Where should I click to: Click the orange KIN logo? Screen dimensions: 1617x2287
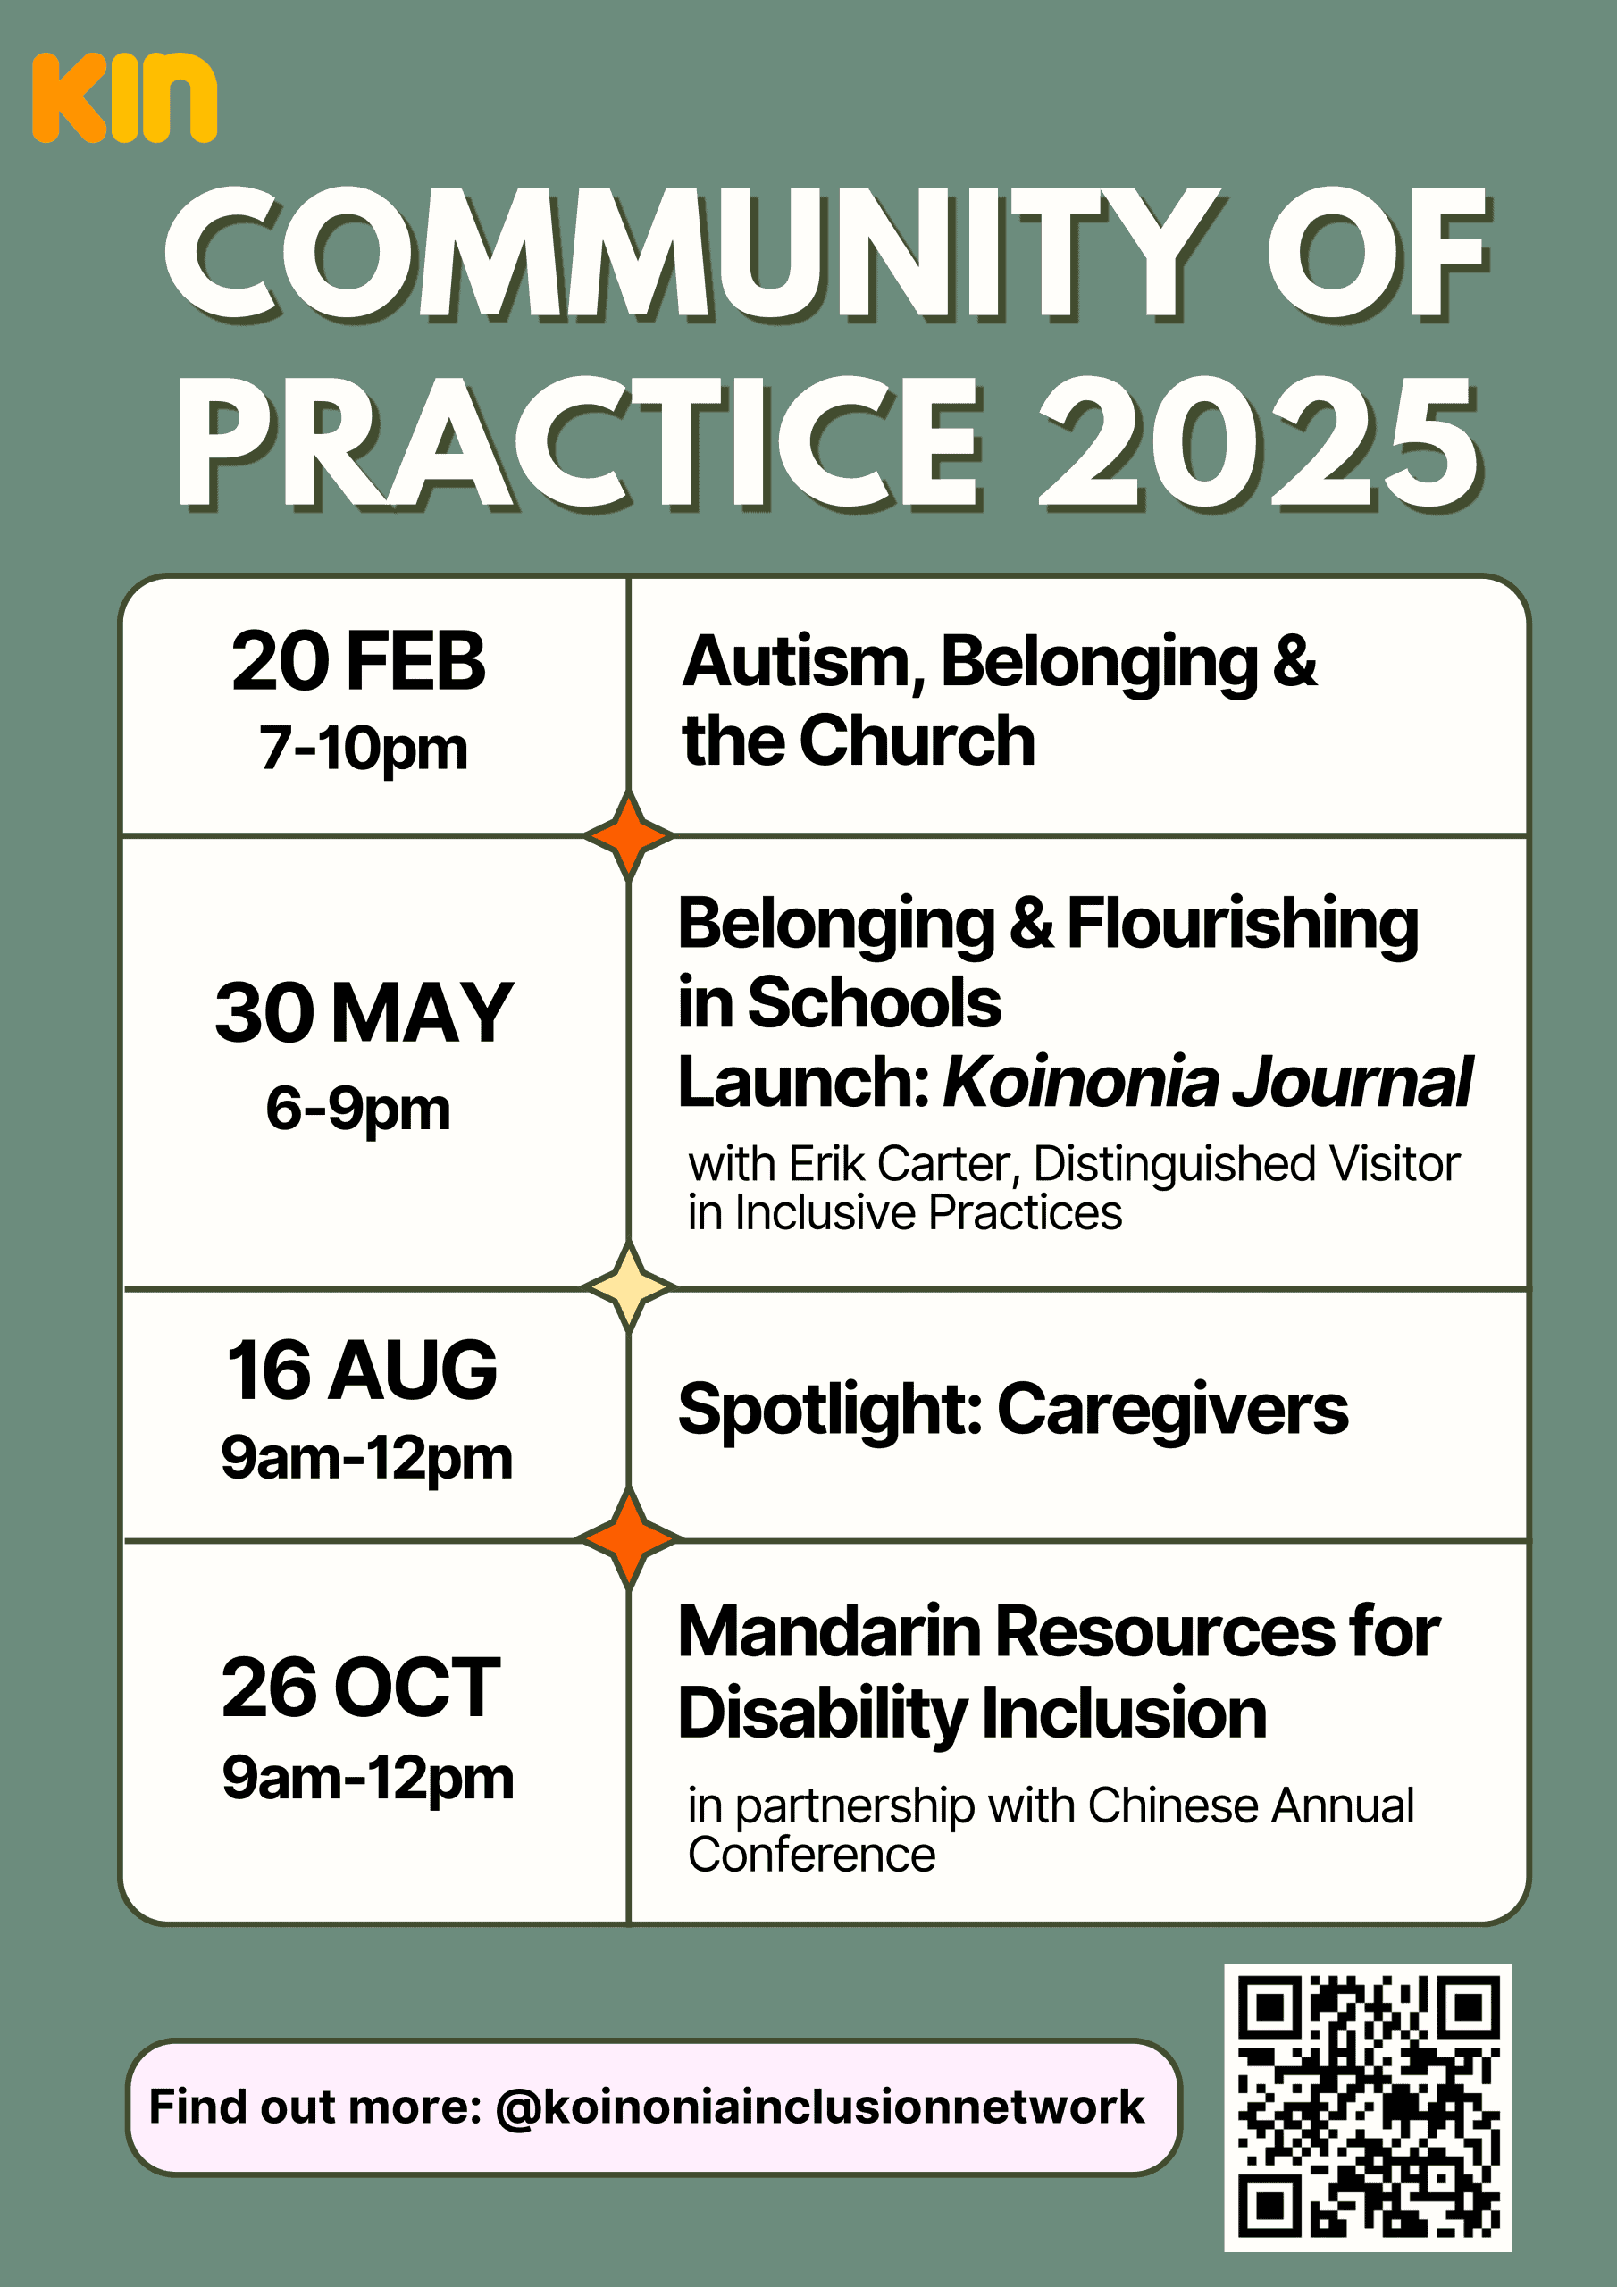[124, 97]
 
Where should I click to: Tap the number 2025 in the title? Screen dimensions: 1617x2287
[1261, 444]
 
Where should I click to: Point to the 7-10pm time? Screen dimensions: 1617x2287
[363, 749]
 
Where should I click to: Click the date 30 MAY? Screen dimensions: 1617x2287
[364, 1012]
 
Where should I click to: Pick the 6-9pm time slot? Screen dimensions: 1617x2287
[357, 1109]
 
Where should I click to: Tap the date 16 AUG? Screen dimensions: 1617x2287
[362, 1370]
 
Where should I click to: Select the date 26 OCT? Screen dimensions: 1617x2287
[361, 1688]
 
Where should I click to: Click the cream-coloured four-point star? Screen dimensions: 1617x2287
[629, 1288]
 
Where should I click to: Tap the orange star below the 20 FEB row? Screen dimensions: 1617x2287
[629, 835]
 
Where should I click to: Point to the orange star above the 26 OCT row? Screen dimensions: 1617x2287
[629, 1539]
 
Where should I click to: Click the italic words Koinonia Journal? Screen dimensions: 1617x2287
[1208, 1082]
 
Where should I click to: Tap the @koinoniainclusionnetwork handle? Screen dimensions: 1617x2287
[819, 2107]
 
